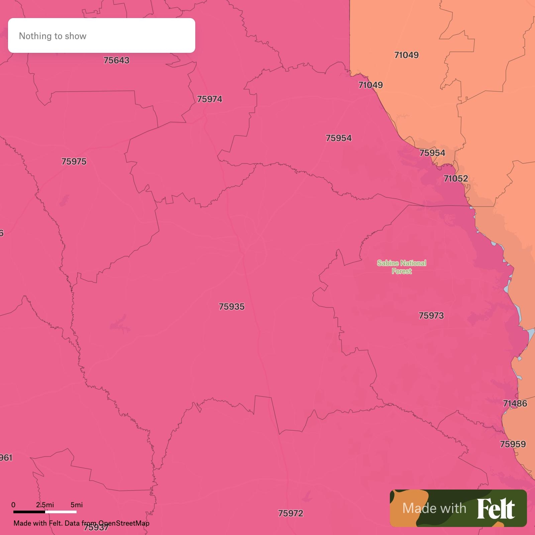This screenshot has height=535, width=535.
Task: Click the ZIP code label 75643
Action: click(x=116, y=61)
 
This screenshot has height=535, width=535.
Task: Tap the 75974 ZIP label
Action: click(x=210, y=99)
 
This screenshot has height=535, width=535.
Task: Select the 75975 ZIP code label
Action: click(x=74, y=162)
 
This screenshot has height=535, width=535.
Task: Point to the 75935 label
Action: click(x=232, y=307)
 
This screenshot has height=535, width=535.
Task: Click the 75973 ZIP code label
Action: click(x=431, y=316)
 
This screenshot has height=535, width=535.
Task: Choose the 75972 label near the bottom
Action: click(x=291, y=513)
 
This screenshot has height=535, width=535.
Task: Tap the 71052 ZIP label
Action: click(x=456, y=179)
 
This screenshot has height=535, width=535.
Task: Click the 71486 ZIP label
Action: click(x=515, y=404)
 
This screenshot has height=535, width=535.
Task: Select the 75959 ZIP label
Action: click(x=513, y=444)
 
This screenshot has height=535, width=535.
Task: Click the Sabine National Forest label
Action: click(x=402, y=267)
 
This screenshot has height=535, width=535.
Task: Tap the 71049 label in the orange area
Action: click(x=406, y=55)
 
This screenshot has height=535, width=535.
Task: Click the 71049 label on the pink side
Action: click(x=370, y=85)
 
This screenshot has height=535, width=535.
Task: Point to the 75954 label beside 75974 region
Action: click(x=339, y=138)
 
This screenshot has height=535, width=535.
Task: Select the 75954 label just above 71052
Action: click(x=432, y=153)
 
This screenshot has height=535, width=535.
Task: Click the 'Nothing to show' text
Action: click(x=52, y=36)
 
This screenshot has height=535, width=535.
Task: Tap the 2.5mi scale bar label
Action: click(x=45, y=505)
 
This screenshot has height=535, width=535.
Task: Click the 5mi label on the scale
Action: click(x=77, y=505)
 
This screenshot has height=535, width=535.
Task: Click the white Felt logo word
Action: click(x=496, y=509)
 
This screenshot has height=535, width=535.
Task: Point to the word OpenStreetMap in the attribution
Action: click(x=124, y=523)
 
